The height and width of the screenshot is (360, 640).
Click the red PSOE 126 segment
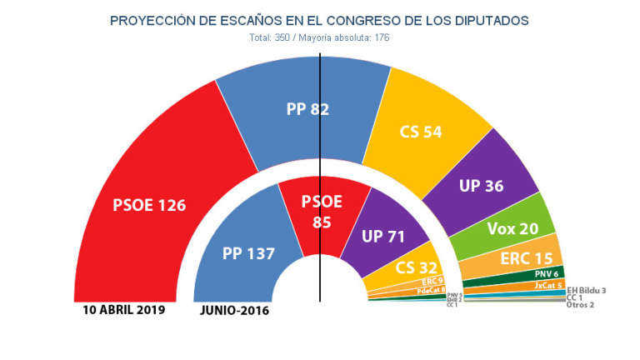150,204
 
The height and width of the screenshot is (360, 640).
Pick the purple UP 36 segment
481,186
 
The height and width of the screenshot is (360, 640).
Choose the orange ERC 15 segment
526,258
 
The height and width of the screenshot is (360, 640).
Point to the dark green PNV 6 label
546,274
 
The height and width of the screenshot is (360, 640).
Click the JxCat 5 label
549,285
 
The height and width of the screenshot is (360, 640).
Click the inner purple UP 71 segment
382,236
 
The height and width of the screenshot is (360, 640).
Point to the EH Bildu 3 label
586,289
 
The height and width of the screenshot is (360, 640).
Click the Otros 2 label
580,305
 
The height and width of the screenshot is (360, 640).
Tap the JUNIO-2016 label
234,311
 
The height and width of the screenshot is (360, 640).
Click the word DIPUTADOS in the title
492,19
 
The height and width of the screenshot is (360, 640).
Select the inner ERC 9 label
432,282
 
